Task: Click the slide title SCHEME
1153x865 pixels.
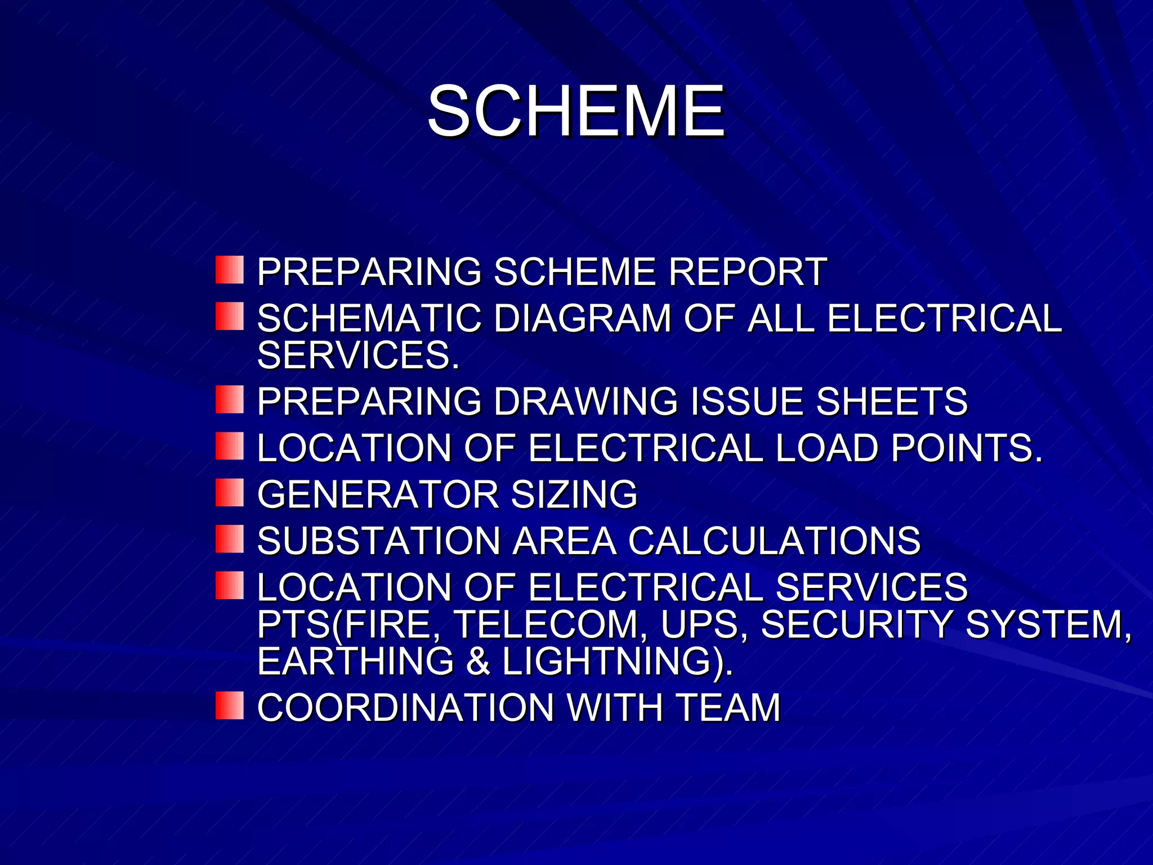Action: point(576,111)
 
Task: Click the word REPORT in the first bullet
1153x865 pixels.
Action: point(748,272)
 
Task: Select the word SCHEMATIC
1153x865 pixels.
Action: point(369,319)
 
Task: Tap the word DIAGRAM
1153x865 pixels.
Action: point(583,319)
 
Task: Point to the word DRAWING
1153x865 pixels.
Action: point(586,402)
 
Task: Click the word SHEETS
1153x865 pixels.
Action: point(892,402)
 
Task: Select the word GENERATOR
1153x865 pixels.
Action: point(378,495)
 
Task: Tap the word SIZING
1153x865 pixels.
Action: point(574,495)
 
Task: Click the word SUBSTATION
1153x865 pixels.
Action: point(379,542)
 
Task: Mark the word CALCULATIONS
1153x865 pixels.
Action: point(774,542)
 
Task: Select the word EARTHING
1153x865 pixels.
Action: point(355,661)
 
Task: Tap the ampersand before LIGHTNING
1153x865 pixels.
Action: point(478,661)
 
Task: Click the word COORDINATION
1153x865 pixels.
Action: point(406,708)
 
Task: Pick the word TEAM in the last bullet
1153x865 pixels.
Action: point(729,708)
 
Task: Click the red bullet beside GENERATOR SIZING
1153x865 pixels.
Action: point(229,493)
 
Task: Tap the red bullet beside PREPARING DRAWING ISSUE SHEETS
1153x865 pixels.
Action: point(229,400)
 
